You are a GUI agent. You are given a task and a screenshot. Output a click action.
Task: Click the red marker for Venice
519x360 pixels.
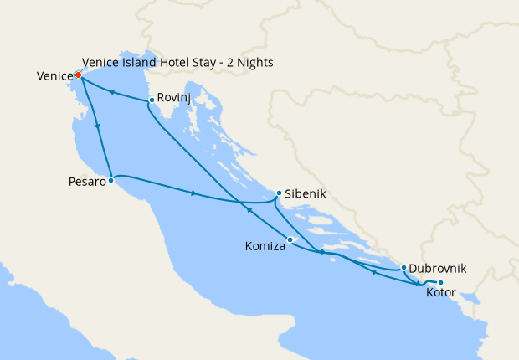pyautogui.click(x=77, y=75)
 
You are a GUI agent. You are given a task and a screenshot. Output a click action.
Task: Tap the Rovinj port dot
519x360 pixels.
pyautogui.click(x=151, y=100)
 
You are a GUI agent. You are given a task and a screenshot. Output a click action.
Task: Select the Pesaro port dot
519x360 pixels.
pyautogui.click(x=111, y=179)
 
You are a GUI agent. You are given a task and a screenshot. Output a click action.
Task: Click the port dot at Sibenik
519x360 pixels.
pyautogui.click(x=279, y=193)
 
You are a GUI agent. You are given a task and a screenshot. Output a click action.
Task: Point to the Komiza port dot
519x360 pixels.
pyautogui.click(x=290, y=240)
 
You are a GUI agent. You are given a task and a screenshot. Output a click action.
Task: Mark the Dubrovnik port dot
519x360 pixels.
pyautogui.click(x=403, y=267)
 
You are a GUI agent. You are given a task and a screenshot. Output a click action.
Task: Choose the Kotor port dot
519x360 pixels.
pyautogui.click(x=440, y=282)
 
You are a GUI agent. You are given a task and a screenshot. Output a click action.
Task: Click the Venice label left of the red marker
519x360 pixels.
pyautogui.click(x=54, y=76)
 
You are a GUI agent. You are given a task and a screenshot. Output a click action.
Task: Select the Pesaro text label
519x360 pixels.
pyautogui.click(x=87, y=181)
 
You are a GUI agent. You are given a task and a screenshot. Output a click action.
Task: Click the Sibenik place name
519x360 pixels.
pyautogui.click(x=305, y=194)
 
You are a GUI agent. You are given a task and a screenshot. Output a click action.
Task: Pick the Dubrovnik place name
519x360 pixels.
pyautogui.click(x=439, y=269)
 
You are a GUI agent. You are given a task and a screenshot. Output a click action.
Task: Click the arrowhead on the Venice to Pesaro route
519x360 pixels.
pyautogui.click(x=99, y=126)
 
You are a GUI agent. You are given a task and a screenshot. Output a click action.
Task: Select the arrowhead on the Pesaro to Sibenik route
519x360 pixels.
pyautogui.click(x=194, y=194)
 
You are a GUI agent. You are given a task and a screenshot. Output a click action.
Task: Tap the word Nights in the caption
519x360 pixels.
pyautogui.click(x=254, y=63)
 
